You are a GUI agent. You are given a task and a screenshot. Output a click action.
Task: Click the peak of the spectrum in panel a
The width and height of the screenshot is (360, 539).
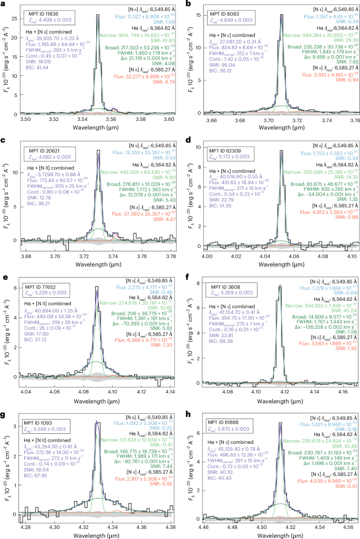click(x=98, y=15)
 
